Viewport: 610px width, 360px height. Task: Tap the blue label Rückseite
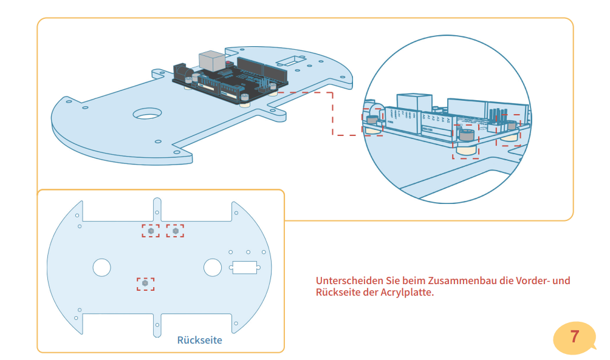(x=199, y=340)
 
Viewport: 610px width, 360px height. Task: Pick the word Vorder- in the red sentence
(x=535, y=281)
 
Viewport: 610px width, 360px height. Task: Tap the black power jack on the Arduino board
(x=182, y=71)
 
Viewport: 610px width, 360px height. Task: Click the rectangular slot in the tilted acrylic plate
(x=292, y=61)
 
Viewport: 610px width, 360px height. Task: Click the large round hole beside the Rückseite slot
(x=213, y=267)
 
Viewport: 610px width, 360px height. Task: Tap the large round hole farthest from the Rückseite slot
(x=101, y=267)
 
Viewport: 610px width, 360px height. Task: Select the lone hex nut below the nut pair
(x=145, y=284)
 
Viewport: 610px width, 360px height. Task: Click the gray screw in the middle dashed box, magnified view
(x=467, y=135)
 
